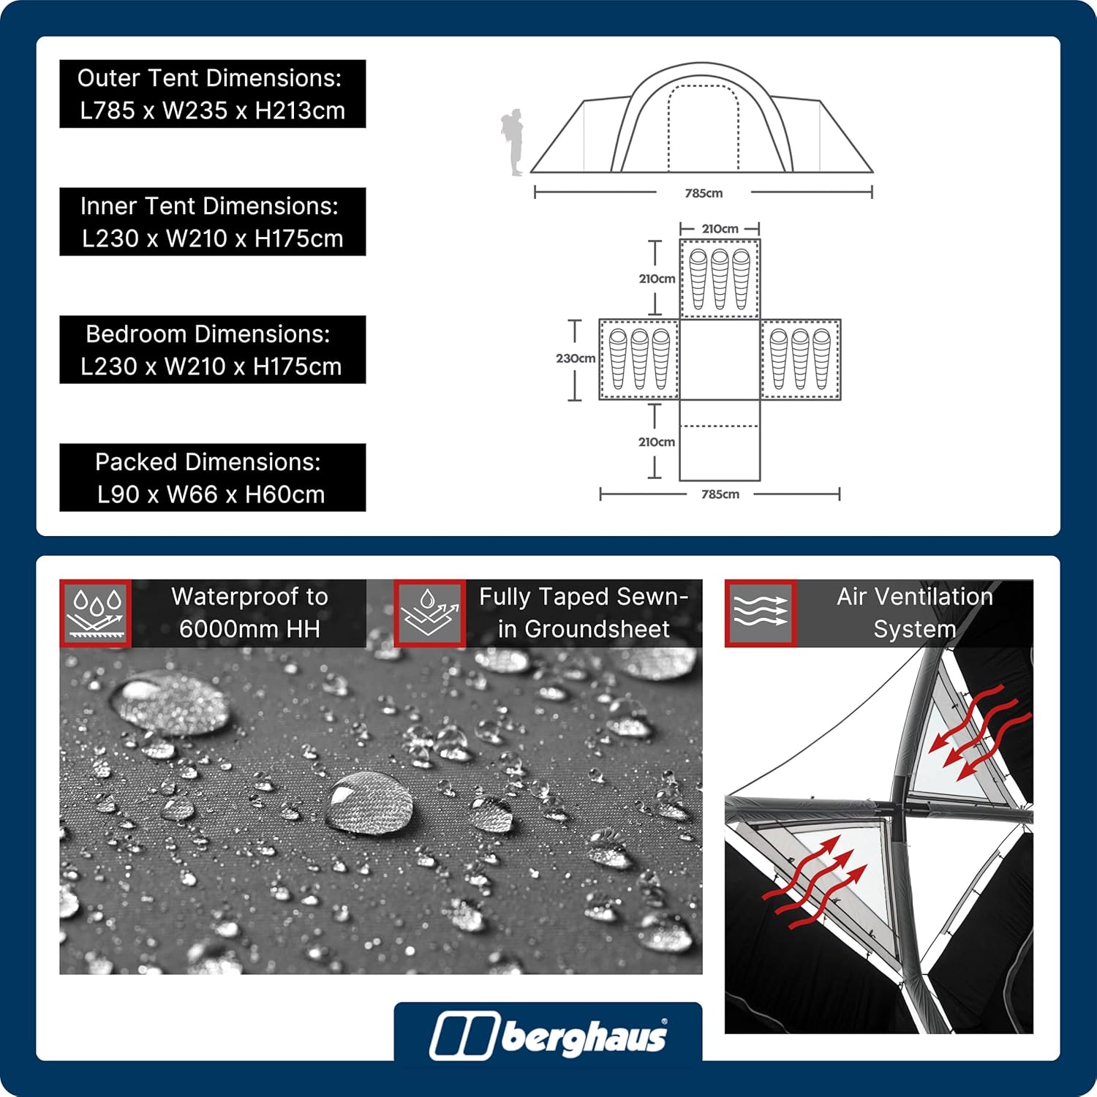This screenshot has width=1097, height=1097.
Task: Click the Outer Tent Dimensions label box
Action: pyautogui.click(x=212, y=94)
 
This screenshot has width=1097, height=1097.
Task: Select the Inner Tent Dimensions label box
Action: pyautogui.click(x=212, y=222)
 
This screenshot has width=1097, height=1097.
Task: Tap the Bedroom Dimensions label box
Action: pyautogui.click(x=212, y=350)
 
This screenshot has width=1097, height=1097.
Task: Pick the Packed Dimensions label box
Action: pyautogui.click(x=212, y=478)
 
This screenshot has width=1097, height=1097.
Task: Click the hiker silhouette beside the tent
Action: pyautogui.click(x=513, y=143)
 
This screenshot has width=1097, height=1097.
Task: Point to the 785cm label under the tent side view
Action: pyautogui.click(x=704, y=193)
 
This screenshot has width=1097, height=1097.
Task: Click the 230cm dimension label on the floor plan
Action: pyautogui.click(x=576, y=358)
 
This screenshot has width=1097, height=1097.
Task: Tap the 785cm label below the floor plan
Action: pyautogui.click(x=720, y=494)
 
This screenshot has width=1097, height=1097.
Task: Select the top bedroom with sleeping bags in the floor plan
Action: pyautogui.click(x=720, y=279)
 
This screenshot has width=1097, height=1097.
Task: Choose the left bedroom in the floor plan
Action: pyautogui.click(x=639, y=359)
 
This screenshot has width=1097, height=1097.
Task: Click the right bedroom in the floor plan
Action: pyautogui.click(x=801, y=359)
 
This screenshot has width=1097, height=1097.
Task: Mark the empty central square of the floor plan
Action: pyautogui.click(x=720, y=359)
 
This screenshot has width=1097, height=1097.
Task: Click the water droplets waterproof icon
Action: pyautogui.click(x=95, y=614)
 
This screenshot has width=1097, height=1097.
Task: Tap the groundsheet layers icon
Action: pyautogui.click(x=429, y=614)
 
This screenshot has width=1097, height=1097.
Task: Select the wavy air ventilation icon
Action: pyautogui.click(x=761, y=614)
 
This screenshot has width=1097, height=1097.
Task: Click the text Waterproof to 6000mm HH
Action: pyautogui.click(x=249, y=613)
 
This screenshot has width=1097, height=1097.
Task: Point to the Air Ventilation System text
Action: pyautogui.click(x=915, y=613)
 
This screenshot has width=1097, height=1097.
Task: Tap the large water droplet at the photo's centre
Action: pyautogui.click(x=369, y=803)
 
